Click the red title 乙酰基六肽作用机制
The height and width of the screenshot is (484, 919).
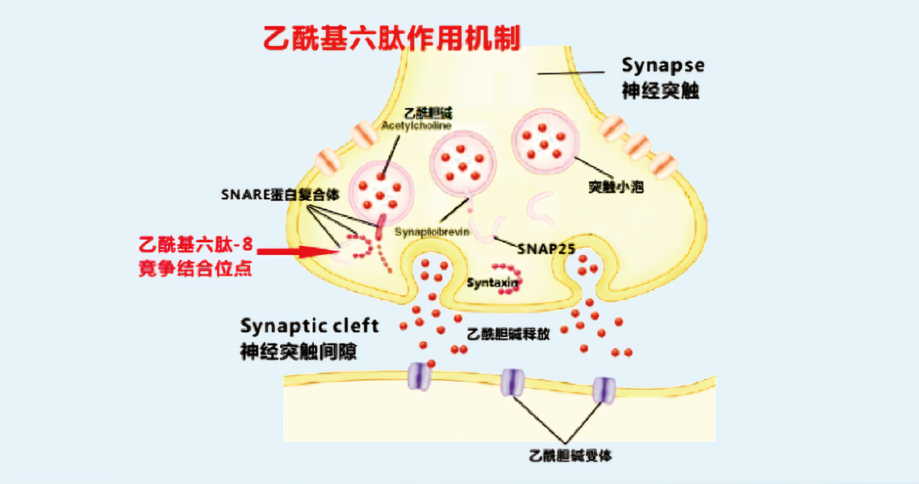point(391,37)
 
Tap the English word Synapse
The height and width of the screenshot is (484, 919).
point(662,65)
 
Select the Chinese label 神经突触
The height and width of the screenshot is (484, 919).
point(659,91)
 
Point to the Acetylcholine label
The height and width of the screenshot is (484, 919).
point(416,125)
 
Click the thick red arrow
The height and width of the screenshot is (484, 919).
point(294,251)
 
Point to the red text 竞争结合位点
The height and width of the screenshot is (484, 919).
point(195,270)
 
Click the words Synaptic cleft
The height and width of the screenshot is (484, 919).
point(309,326)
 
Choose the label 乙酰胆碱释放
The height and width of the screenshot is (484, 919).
point(508,334)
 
